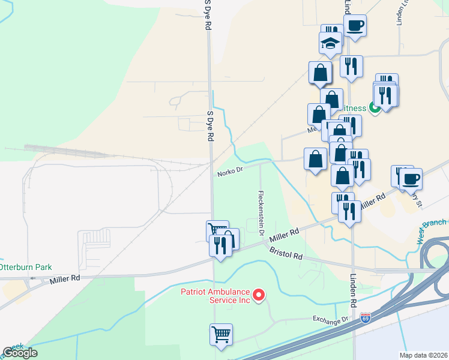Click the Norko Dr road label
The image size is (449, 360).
(x=230, y=172)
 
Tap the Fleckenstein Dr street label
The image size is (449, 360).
(x=261, y=213)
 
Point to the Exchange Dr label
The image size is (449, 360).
(x=330, y=319)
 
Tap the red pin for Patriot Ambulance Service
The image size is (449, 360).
(x=259, y=294)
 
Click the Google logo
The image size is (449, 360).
(x=20, y=353)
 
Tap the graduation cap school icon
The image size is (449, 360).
(x=330, y=43)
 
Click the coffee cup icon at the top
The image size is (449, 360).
(x=355, y=25)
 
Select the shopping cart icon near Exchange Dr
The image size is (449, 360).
(x=221, y=334)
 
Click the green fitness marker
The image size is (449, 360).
(x=374, y=108)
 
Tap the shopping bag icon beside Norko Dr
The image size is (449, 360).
(x=316, y=159)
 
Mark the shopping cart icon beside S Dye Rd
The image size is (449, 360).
(x=216, y=230)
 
